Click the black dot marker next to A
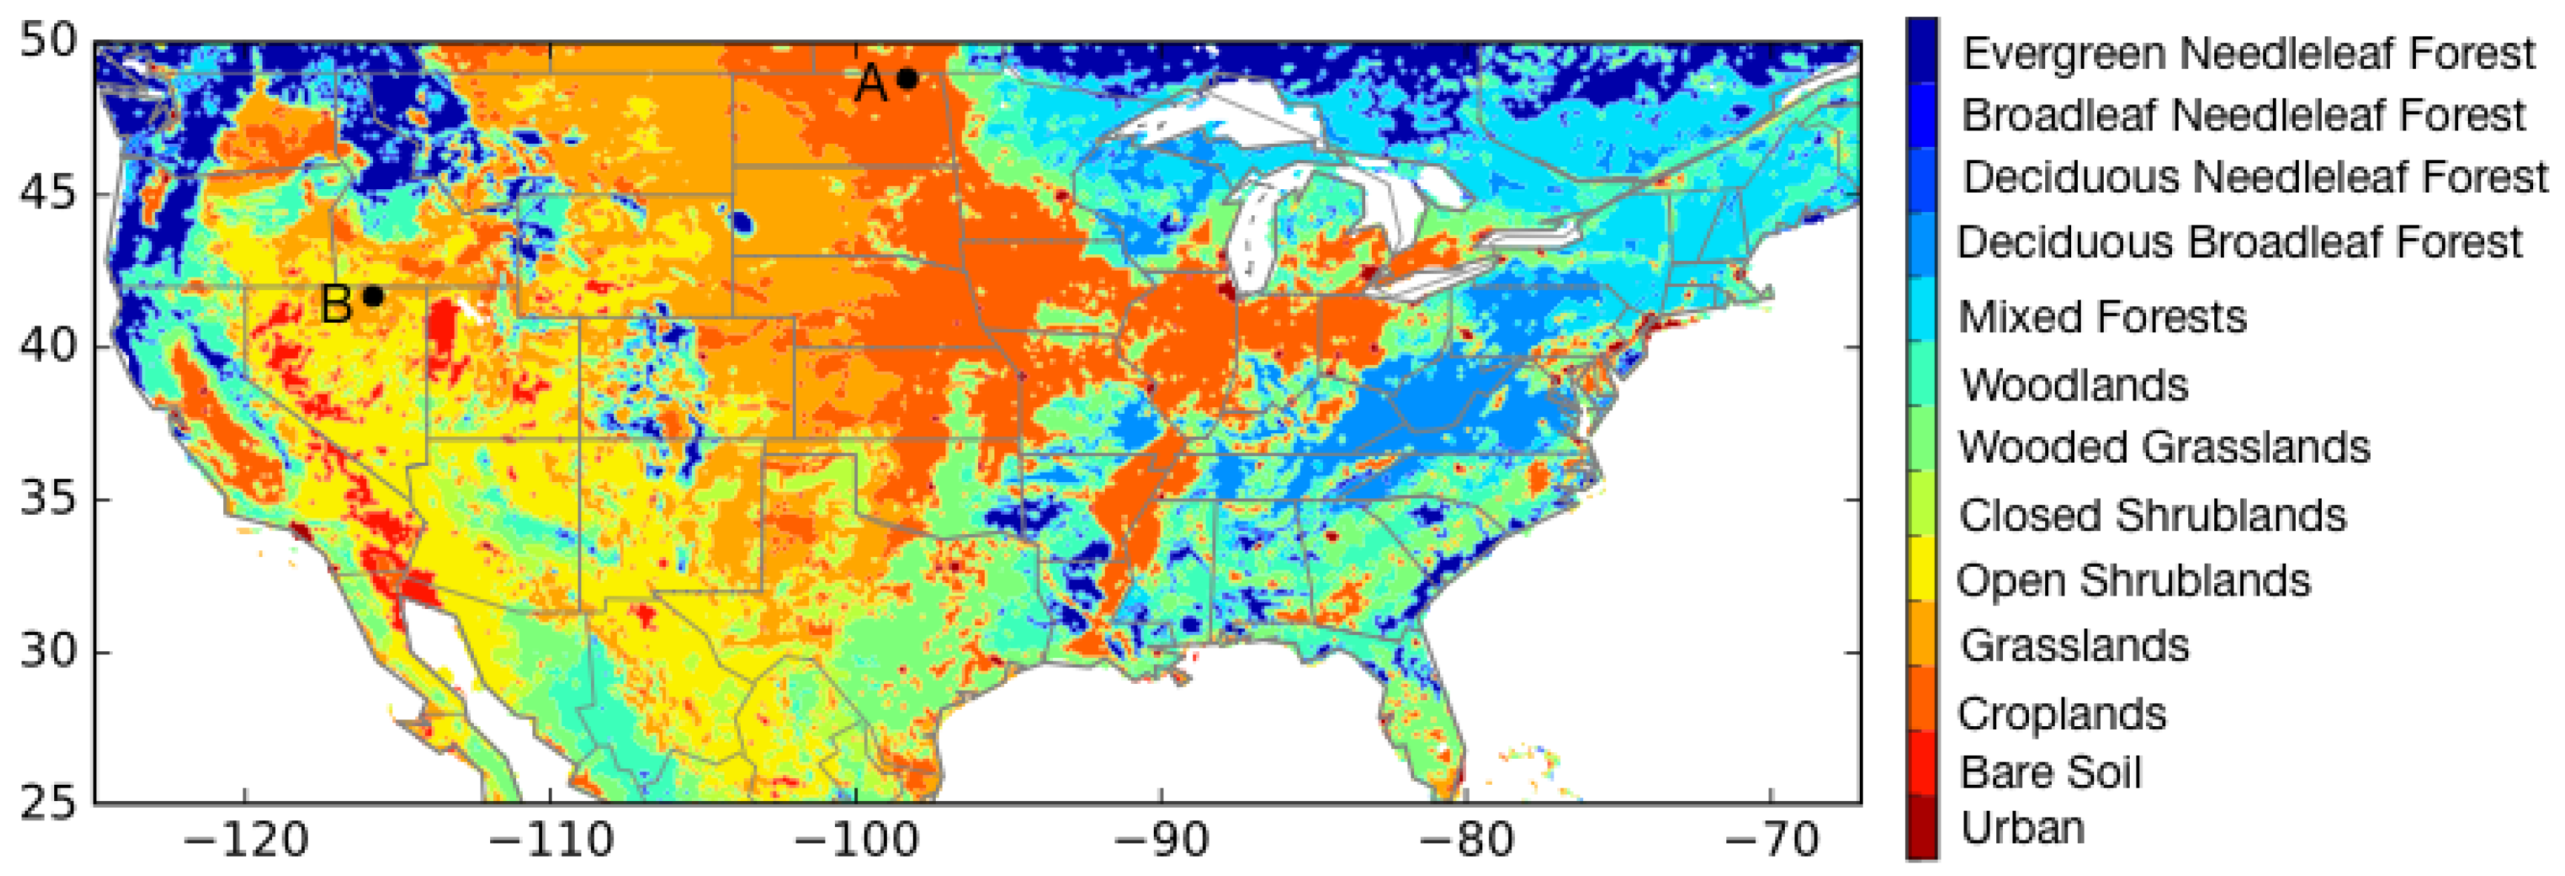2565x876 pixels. tap(907, 79)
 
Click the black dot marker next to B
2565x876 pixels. tap(374, 296)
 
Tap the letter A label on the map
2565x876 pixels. tap(871, 84)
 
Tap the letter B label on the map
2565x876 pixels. tap(337, 303)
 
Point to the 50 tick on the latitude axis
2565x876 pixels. tap(47, 42)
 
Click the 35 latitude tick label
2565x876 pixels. tap(47, 498)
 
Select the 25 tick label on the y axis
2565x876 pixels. tap(47, 803)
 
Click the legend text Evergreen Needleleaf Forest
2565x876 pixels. tap(2248, 53)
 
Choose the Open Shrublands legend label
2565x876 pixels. tap(2132, 580)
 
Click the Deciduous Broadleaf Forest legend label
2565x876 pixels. tap(2239, 242)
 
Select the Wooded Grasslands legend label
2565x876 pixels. tap(2163, 447)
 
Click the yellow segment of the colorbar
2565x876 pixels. tap(1922, 570)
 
